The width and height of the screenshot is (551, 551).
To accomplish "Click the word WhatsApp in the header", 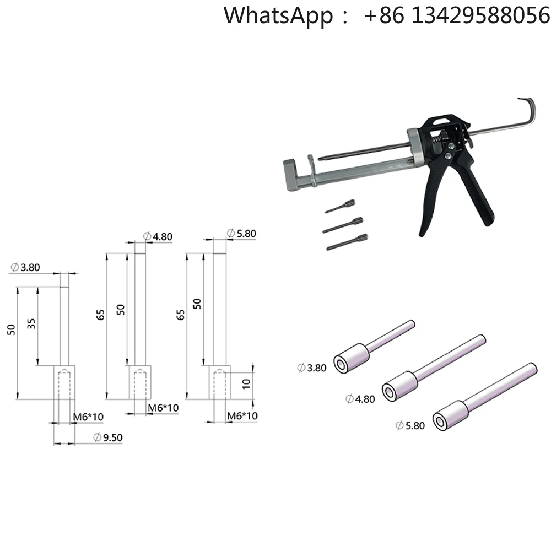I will point(278,15).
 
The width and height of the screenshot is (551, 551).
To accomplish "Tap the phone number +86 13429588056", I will point(457,15).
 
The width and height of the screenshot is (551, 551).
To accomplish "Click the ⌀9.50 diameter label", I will point(107,438).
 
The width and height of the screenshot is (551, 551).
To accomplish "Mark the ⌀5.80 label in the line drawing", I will point(241,234).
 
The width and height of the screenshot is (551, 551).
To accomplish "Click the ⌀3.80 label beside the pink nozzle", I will point(312,368).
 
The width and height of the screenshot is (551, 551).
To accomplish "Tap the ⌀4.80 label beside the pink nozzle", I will point(360,398).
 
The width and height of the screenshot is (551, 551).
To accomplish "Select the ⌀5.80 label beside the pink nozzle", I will point(410,425).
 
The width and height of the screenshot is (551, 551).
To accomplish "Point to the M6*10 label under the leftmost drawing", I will point(88,417).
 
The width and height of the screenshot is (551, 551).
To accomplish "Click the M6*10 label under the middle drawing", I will point(163,408).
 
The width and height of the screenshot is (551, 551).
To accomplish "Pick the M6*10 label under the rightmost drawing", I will point(243,415).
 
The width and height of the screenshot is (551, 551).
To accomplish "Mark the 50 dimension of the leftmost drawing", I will point(10,329).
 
